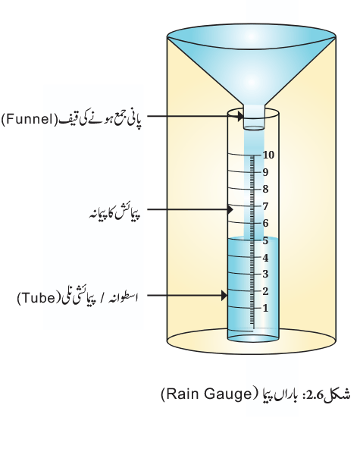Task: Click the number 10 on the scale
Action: tap(268, 155)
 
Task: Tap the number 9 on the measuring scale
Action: tap(265, 172)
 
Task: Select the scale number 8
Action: tap(265, 189)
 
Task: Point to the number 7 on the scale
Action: tap(265, 206)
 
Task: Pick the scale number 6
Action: tap(265, 223)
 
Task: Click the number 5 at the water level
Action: tap(265, 240)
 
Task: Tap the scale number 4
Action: tap(265, 258)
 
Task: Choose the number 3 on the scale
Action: tap(265, 274)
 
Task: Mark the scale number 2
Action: tap(265, 291)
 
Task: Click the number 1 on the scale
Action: tap(265, 308)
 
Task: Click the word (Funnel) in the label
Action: tap(30, 119)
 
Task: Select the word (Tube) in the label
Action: tap(39, 298)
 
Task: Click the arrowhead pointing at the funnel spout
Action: tap(240, 116)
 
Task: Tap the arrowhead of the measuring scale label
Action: tap(230, 209)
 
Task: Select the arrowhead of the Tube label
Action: tap(224, 296)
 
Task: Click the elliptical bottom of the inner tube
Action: tap(253, 338)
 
